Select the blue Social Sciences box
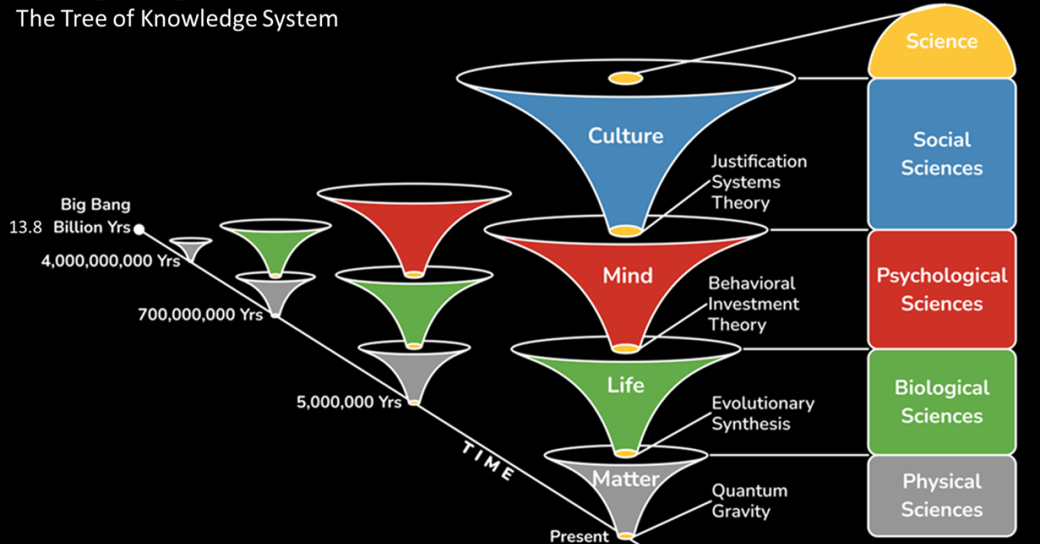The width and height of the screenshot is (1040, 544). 941,154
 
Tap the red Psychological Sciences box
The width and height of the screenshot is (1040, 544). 941,289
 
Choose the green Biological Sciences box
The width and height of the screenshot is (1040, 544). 941,401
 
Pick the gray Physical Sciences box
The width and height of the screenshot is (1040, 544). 941,495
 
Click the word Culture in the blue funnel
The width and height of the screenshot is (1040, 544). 625,135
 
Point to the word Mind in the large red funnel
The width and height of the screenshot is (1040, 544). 627,275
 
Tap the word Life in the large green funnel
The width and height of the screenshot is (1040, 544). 625,385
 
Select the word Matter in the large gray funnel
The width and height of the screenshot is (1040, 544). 625,479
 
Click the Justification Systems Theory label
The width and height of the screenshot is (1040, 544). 758,182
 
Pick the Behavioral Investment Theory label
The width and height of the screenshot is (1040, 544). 753,304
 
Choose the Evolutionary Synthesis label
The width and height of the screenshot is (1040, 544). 762,413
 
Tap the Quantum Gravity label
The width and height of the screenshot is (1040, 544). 749,501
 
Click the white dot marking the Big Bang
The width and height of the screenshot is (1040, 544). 139,229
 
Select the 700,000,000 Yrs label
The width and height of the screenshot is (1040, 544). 200,315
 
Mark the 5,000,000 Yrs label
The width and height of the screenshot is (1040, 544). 349,402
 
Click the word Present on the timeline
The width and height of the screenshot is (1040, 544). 579,536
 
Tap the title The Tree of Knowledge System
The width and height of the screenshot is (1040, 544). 177,18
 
